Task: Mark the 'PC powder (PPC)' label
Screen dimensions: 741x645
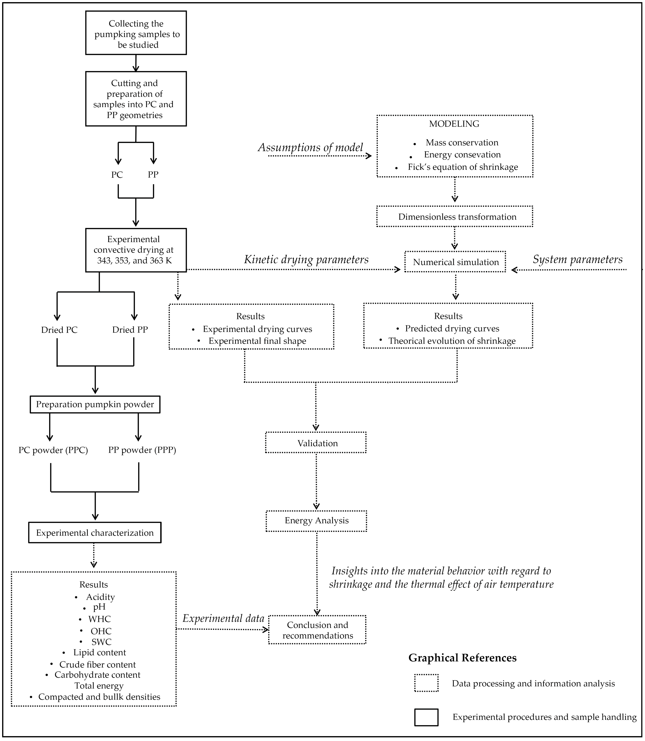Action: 53,450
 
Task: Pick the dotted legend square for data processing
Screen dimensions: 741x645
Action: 426,683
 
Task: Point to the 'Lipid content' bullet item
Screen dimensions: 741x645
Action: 99,652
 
